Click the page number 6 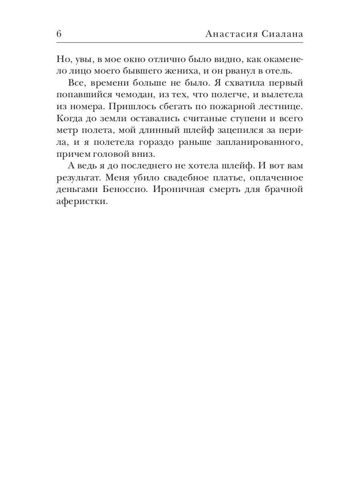(x=59, y=34)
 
